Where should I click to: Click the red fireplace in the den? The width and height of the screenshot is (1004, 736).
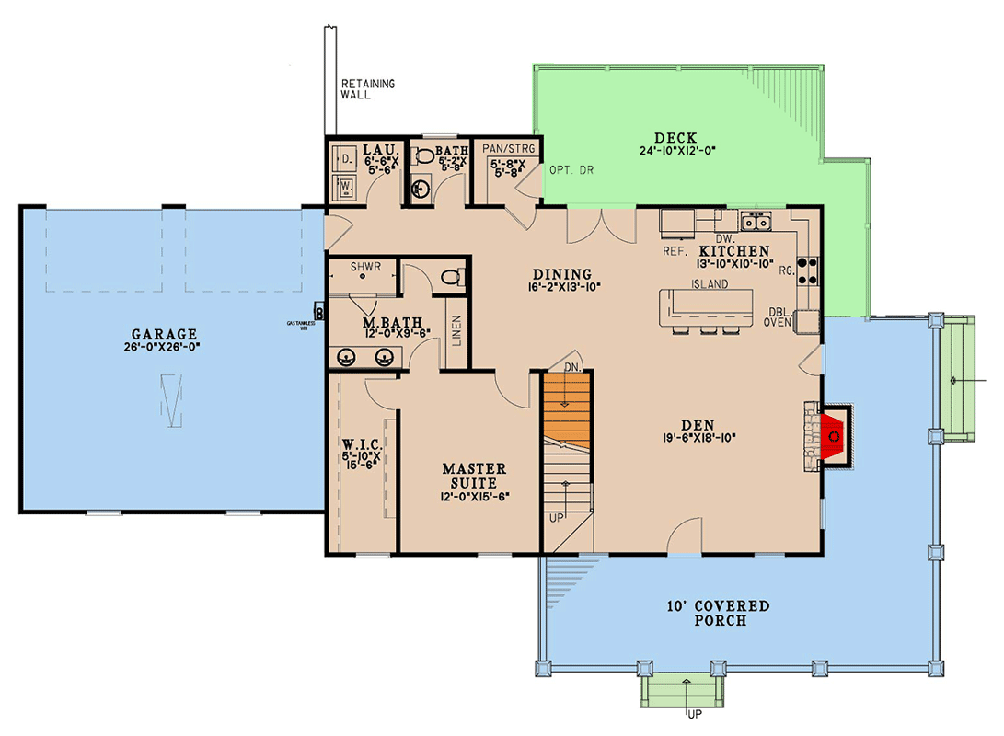834,435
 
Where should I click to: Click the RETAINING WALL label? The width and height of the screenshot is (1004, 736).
367,88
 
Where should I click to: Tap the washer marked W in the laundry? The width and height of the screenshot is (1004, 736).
346,189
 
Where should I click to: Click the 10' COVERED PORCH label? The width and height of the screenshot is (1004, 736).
721,613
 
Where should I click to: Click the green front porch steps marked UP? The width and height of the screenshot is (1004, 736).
686,691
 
